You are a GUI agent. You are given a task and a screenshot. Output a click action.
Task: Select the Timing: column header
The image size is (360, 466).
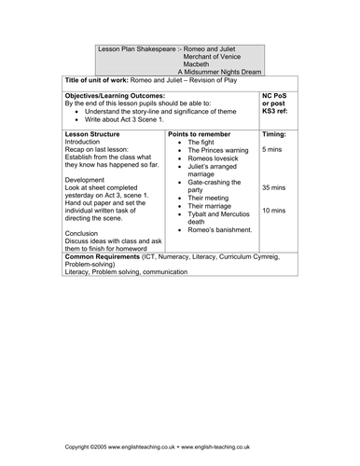pos(274,134)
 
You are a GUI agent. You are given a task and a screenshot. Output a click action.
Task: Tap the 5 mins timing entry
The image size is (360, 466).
pos(272,150)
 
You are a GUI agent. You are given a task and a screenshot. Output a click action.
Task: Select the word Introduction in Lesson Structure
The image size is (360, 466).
pos(87,143)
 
